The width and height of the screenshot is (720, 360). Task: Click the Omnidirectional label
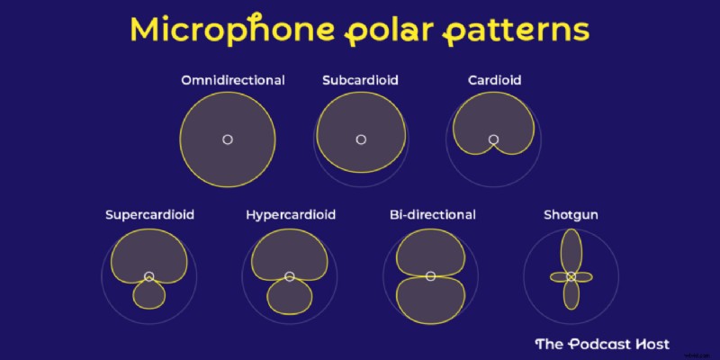[x=233, y=80]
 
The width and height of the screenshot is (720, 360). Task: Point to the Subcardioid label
[x=360, y=80]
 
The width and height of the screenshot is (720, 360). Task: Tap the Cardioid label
[x=494, y=80]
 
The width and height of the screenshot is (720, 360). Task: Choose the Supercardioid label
[x=149, y=215]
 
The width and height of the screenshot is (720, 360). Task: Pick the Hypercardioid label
[x=290, y=215]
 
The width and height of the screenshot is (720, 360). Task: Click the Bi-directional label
[x=432, y=215]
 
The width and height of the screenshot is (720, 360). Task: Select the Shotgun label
[x=571, y=215]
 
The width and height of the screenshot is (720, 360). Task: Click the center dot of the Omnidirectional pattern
[x=228, y=139]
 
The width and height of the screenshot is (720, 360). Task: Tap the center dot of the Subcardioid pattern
[x=361, y=139]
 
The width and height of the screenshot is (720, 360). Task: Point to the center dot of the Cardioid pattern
[x=493, y=139]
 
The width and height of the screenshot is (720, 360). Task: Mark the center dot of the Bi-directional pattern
[x=431, y=275]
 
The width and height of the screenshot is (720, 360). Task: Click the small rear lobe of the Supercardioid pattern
[x=149, y=295]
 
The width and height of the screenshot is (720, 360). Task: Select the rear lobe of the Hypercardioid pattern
[x=290, y=297]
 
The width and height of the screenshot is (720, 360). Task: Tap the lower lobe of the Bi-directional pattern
[x=431, y=301]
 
